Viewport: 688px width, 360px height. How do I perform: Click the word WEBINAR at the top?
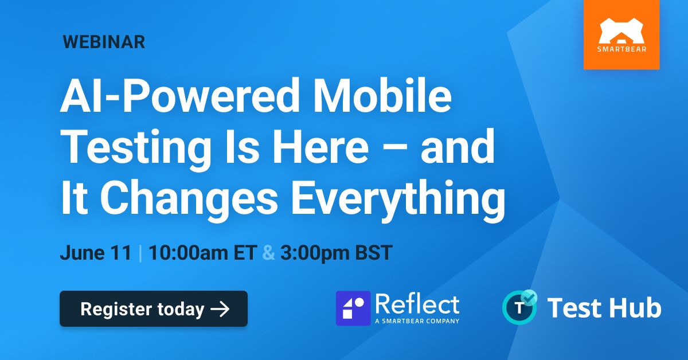[104, 42]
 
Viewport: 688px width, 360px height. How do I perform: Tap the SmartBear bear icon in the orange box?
[621, 31]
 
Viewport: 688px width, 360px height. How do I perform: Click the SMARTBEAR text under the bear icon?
[621, 49]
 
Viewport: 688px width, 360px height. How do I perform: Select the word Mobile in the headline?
[382, 95]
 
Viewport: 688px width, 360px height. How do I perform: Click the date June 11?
[96, 253]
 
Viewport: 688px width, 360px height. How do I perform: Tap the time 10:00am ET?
[203, 253]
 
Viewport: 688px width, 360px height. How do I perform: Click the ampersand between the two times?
[269, 253]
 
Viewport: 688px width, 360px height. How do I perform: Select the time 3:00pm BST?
[337, 253]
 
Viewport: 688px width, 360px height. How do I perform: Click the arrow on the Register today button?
[220, 309]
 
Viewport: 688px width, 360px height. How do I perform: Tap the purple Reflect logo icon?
[353, 308]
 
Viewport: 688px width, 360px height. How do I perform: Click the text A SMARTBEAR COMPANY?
[417, 321]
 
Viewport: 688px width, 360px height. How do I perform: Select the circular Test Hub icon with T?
[519, 307]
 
